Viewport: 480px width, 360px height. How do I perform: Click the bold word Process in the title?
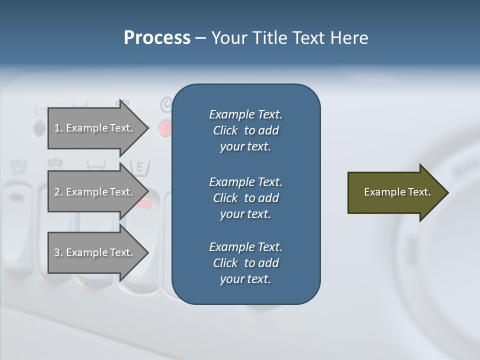157,38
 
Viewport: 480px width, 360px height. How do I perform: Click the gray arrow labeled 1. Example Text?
95,128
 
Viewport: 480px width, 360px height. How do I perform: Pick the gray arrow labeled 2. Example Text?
95,192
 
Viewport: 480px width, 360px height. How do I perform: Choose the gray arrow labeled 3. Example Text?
95,252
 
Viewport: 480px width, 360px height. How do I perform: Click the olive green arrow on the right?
395,192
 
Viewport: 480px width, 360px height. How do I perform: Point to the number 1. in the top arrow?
58,128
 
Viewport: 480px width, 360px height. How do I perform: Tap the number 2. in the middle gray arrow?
58,192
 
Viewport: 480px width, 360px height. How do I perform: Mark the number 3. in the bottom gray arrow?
58,252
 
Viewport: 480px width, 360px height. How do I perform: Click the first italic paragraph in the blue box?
245,130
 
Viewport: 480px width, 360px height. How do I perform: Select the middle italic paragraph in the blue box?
245,198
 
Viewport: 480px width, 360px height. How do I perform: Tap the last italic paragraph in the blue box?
245,263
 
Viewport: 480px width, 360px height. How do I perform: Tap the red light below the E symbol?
144,203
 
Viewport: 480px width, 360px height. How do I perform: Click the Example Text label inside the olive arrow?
397,192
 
